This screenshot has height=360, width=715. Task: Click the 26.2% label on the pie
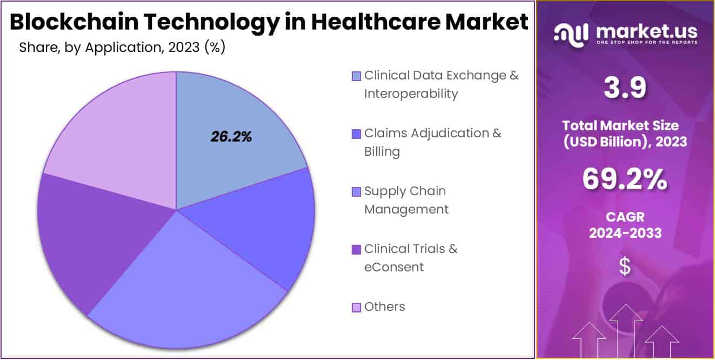click(231, 137)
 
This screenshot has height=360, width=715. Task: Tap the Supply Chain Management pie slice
click(189, 292)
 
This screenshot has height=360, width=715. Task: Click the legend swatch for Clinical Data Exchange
click(356, 76)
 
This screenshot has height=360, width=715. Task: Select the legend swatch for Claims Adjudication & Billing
click(356, 134)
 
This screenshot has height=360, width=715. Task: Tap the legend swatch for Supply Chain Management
click(356, 191)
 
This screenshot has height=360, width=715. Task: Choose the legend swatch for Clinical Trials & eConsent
click(356, 249)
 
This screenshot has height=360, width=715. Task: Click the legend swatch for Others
click(356, 307)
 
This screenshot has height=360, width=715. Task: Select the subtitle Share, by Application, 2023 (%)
click(122, 48)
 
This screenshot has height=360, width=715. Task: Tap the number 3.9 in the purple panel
click(625, 88)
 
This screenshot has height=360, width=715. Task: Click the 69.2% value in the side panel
click(625, 180)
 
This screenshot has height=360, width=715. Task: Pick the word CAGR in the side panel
click(625, 217)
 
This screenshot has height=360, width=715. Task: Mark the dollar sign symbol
click(625, 266)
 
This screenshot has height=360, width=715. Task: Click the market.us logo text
click(646, 31)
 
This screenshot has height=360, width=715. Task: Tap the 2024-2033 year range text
click(625, 233)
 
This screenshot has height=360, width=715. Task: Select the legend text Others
click(384, 307)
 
